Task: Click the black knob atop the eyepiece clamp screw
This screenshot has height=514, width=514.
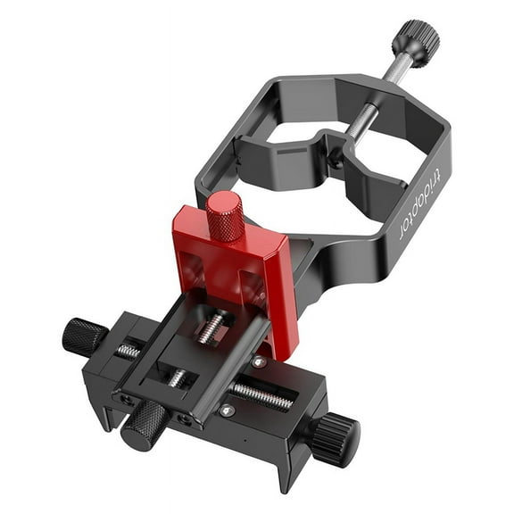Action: point(415,38)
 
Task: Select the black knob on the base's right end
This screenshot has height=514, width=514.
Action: point(336,435)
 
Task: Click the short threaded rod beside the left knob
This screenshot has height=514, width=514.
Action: point(128,351)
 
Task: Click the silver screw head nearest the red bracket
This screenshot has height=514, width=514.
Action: point(258,362)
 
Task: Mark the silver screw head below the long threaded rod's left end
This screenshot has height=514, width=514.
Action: point(228,410)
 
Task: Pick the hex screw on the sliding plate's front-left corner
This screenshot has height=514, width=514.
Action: point(126,399)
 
